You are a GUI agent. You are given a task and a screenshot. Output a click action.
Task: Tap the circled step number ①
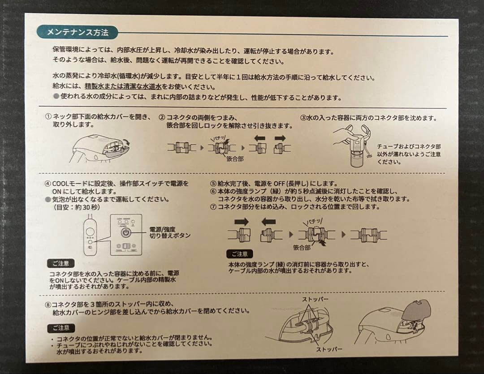point(48,117)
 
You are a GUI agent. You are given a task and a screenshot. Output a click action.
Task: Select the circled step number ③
point(303,118)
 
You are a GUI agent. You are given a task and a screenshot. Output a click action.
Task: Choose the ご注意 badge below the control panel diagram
point(60,264)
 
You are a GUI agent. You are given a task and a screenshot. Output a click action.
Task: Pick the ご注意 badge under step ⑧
point(61,328)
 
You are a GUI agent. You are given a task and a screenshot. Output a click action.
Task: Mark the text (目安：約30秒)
point(77,207)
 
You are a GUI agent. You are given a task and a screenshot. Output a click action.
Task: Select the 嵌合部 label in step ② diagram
point(235,159)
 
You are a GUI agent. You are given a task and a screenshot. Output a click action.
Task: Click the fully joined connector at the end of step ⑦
point(368,234)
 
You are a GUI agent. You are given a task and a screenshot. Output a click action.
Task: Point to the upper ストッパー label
point(315,299)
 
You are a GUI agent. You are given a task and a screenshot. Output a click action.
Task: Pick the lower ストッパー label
point(329,348)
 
